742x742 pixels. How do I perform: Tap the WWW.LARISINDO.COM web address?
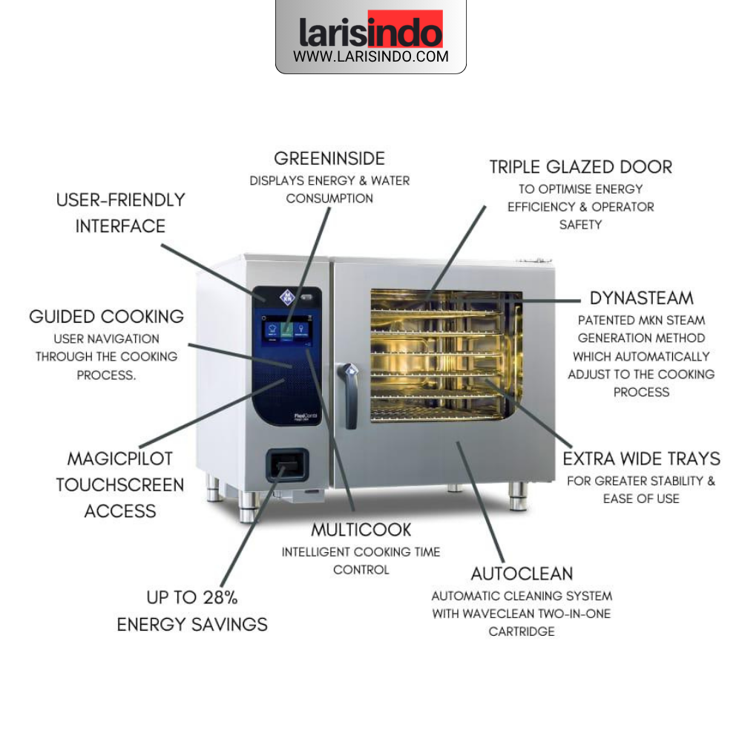pos(370,56)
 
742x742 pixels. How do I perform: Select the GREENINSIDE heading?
pos(329,159)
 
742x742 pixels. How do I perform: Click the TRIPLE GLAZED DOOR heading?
pos(581,167)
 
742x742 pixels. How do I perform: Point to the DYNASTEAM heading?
pos(641,298)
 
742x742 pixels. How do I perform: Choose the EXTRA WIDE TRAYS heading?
pos(641,459)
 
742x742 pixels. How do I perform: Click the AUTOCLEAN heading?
pos(522,574)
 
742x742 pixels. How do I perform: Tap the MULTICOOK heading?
pos(361,530)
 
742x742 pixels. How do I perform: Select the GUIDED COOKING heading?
pos(106,316)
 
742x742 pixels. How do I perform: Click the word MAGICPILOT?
pos(120,459)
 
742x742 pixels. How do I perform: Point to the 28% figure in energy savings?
pos(220,597)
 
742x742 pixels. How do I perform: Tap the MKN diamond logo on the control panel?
pos(287,298)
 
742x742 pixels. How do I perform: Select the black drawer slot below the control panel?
pos(287,465)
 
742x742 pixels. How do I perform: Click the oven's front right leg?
pos(518,496)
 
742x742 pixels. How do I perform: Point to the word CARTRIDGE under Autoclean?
pos(522,631)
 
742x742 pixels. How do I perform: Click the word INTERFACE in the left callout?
pos(120,226)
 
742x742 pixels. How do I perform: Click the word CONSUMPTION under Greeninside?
pos(329,198)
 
